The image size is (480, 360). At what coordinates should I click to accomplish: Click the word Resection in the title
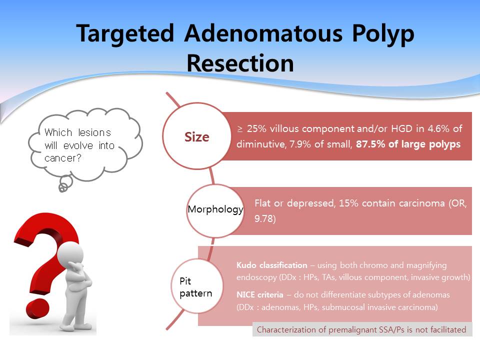click(240, 63)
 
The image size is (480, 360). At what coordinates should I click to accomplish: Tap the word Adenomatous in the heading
click(263, 33)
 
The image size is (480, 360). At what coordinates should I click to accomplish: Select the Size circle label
click(197, 137)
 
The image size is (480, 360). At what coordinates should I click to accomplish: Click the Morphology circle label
click(215, 209)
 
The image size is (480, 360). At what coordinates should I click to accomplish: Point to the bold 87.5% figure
click(370, 144)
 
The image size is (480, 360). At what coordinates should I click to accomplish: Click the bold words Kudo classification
click(272, 265)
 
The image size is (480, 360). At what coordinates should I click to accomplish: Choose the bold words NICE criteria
click(260, 295)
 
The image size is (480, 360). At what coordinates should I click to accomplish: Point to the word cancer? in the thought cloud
click(63, 158)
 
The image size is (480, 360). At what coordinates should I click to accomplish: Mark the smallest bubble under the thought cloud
click(62, 188)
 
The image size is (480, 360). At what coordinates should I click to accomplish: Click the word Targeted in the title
click(125, 33)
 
